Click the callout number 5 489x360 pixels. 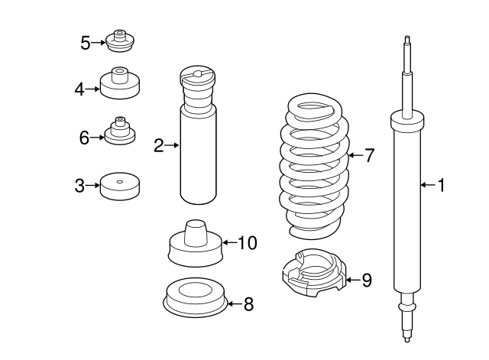point(85,43)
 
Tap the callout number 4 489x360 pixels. point(79,89)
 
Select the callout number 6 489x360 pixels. point(84,138)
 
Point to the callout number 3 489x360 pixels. point(79,186)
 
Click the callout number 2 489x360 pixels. point(159,145)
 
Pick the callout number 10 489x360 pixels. point(248,243)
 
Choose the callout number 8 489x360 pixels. point(248,304)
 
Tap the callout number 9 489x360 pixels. point(367,280)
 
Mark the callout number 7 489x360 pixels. point(369,155)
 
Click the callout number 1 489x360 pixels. point(442,185)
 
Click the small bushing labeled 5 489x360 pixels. point(120,41)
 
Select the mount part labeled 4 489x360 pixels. point(120,83)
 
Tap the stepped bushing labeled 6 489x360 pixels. point(120,131)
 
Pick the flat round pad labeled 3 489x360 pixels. point(120,186)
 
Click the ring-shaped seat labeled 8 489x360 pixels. point(196,298)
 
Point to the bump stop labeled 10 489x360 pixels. point(196,243)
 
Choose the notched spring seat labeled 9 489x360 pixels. point(314,273)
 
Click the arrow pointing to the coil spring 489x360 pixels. point(355,155)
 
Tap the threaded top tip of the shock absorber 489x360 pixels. point(407,40)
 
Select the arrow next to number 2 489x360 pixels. point(172,145)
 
